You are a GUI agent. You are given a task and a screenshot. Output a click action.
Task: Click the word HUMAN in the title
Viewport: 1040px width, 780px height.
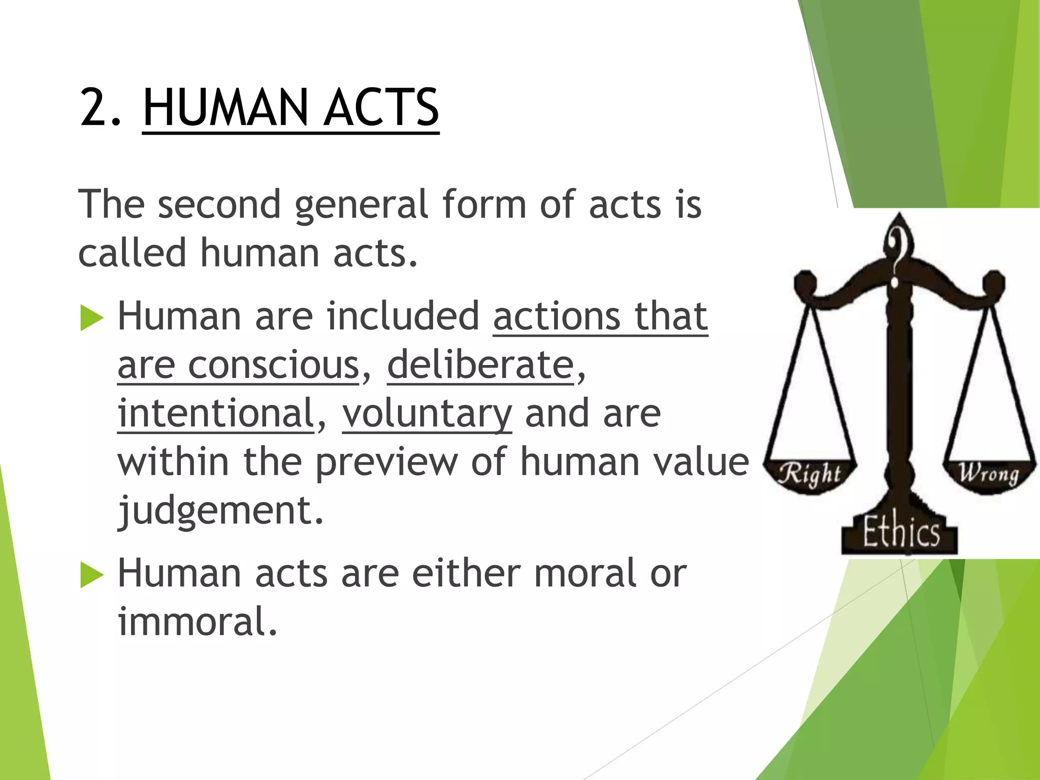pos(225,107)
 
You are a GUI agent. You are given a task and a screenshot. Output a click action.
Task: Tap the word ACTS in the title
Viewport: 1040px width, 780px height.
pos(381,107)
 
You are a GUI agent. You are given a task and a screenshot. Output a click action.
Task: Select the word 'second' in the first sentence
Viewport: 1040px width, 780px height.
pos(219,204)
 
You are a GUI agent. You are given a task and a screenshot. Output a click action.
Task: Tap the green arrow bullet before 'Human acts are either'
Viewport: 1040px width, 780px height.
pos(91,576)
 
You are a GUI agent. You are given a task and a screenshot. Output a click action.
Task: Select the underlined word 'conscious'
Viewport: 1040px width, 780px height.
pos(274,365)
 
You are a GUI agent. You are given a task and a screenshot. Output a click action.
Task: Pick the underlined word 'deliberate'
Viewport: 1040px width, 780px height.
pos(480,365)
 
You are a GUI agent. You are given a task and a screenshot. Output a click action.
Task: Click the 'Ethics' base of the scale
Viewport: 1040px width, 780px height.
pos(900,532)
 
